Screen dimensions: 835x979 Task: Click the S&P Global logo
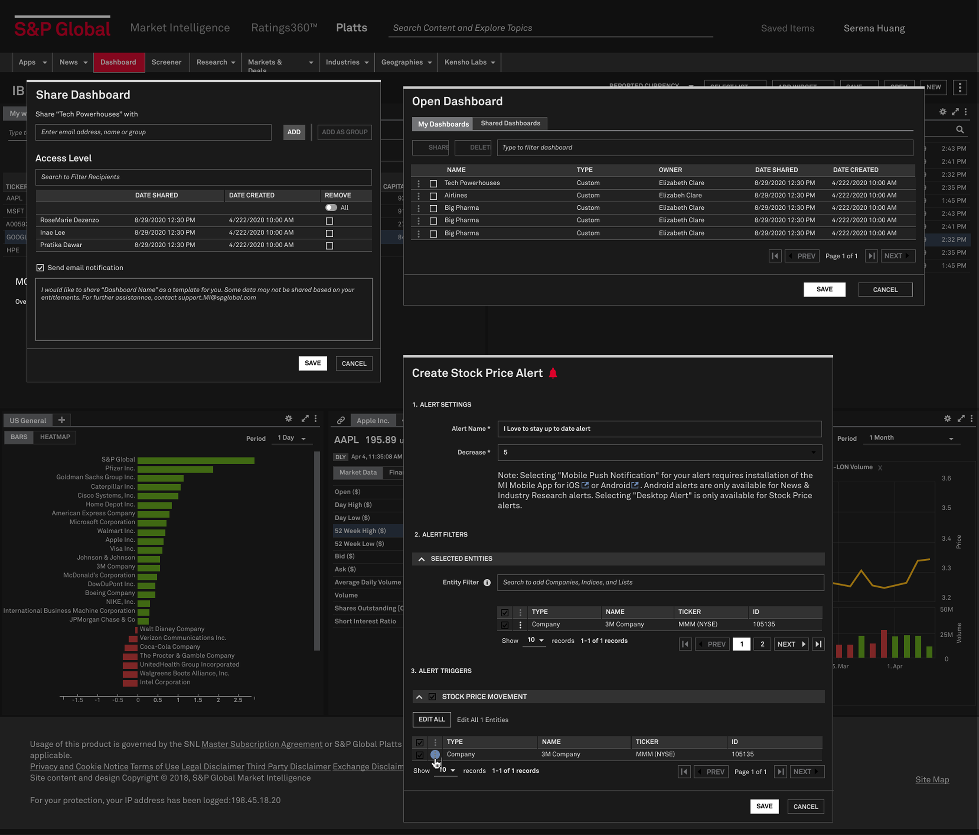point(62,28)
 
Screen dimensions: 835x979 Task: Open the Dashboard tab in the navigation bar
point(118,62)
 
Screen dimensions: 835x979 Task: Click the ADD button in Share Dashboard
point(294,132)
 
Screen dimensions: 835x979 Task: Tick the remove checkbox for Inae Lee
point(329,234)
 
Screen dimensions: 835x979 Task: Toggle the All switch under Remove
point(331,208)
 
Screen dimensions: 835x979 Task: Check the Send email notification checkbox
point(40,268)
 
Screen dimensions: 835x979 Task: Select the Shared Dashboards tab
point(510,123)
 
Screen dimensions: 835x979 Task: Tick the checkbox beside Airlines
point(433,196)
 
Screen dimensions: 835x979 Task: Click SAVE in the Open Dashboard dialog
point(824,289)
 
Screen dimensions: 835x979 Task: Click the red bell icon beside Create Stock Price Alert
point(553,373)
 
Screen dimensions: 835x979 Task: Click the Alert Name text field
point(659,429)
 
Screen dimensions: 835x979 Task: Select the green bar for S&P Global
point(196,460)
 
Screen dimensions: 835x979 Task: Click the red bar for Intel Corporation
point(130,683)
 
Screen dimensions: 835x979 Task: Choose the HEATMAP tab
point(55,437)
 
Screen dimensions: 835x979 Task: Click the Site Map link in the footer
point(932,780)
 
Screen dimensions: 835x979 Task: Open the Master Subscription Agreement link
point(262,744)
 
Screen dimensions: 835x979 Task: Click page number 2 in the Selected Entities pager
point(762,644)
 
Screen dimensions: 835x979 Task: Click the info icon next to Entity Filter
point(487,583)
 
